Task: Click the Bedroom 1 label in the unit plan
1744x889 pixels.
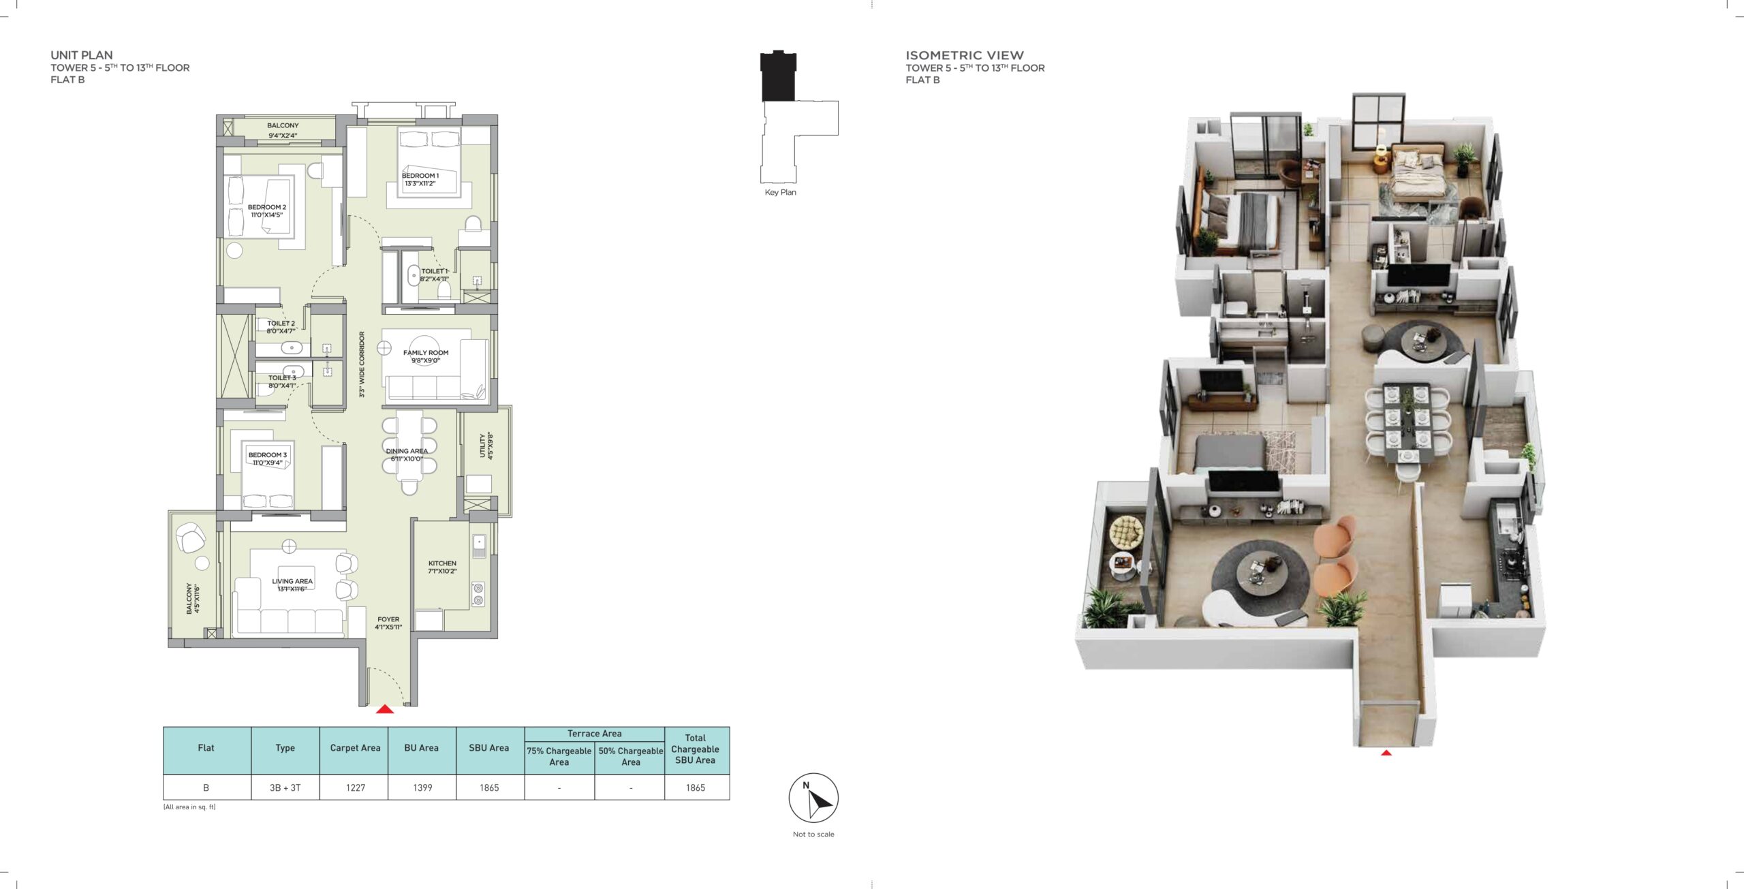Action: pos(420,179)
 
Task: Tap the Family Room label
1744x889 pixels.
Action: pos(426,356)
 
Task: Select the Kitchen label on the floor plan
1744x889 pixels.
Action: pos(442,567)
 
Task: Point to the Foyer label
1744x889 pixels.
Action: pos(388,623)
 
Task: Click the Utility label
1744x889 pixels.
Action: pos(486,446)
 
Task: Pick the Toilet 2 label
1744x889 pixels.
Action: pos(281,327)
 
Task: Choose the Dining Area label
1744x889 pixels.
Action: pos(407,454)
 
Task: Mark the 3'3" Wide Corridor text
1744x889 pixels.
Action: pos(362,364)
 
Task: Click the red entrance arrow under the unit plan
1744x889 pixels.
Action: pos(385,709)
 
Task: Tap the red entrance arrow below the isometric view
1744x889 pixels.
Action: pos(1386,753)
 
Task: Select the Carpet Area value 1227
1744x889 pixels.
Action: pos(356,787)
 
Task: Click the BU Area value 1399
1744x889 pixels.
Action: pos(422,787)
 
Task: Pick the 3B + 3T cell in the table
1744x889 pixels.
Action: pos(285,787)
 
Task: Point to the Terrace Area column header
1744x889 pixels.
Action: pos(594,734)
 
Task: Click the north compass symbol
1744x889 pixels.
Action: pos(813,798)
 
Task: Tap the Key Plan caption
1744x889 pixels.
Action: pos(780,192)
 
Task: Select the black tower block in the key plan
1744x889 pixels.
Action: pos(778,76)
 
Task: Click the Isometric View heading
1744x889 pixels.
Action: pos(964,55)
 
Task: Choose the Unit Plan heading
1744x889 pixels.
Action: pos(82,55)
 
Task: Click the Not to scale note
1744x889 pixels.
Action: pos(813,834)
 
